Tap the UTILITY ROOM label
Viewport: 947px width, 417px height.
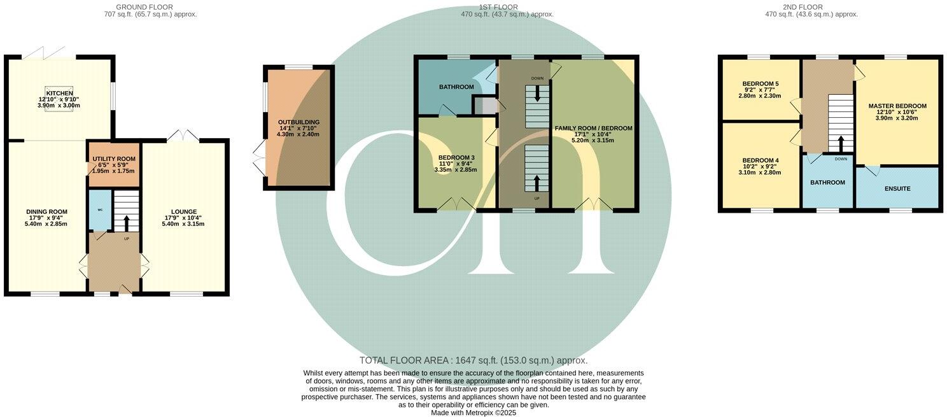click(114, 159)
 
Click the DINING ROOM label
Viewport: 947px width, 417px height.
click(46, 211)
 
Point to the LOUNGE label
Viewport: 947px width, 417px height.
click(183, 211)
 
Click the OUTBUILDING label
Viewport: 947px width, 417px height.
click(298, 122)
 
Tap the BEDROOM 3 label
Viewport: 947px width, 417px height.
click(456, 157)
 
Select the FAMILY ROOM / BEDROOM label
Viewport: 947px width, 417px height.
click(593, 128)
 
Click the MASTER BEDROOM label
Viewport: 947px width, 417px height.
click(897, 106)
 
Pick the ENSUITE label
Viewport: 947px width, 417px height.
click(897, 188)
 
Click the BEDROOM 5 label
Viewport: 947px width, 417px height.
click(760, 83)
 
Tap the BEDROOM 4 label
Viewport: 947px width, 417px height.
click(760, 160)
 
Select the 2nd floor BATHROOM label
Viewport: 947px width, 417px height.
click(827, 183)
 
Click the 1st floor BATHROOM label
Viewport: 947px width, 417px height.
click(456, 87)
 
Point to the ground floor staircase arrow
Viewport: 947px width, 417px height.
click(126, 223)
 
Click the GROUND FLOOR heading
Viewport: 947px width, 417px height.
click(150, 7)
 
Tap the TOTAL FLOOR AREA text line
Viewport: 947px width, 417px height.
click(474, 360)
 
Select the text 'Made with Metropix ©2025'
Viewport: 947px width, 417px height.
click(474, 413)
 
